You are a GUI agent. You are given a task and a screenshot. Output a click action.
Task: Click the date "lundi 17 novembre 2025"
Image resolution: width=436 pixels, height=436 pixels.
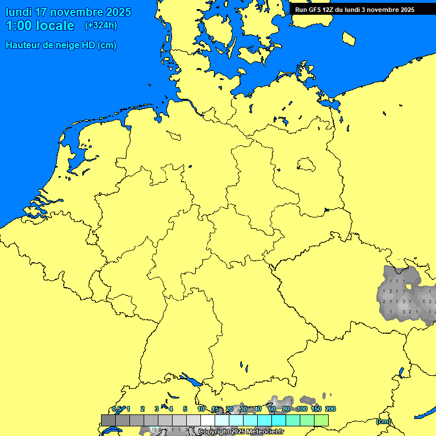pos(68,12)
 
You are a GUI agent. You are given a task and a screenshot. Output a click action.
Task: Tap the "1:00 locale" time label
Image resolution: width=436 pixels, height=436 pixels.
pos(40,26)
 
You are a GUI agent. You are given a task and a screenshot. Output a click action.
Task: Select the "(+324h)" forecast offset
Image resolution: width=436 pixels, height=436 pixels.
pos(101,26)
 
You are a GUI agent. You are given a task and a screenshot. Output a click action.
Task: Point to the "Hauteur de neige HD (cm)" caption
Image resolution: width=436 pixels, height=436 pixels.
pos(61,45)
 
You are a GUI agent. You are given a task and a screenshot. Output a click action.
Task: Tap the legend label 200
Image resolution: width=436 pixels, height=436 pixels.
pos(330,409)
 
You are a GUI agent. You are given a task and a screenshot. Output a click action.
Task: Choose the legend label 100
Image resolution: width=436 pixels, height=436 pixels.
pos(302,409)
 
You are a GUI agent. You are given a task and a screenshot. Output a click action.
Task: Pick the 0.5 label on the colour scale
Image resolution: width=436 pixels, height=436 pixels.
pos(116,409)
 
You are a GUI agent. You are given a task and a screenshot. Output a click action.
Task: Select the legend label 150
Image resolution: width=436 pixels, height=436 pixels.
pos(316,409)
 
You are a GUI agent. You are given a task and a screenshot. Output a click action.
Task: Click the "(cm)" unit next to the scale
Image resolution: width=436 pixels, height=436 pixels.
pos(383,421)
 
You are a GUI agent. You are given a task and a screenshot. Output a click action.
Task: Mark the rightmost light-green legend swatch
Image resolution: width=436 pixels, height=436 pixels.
pos(321,420)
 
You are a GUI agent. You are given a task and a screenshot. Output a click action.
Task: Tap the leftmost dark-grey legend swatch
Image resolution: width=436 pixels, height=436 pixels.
pos(108,420)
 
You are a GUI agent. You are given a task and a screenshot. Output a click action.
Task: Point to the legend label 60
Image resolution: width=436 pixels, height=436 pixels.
pos(272,409)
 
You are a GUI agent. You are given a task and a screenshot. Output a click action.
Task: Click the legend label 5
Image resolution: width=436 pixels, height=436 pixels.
pos(185,409)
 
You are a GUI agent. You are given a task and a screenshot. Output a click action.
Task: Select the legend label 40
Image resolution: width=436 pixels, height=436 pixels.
pos(258,409)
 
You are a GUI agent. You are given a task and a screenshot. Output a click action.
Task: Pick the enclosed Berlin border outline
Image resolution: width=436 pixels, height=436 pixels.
pos(306,165)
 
